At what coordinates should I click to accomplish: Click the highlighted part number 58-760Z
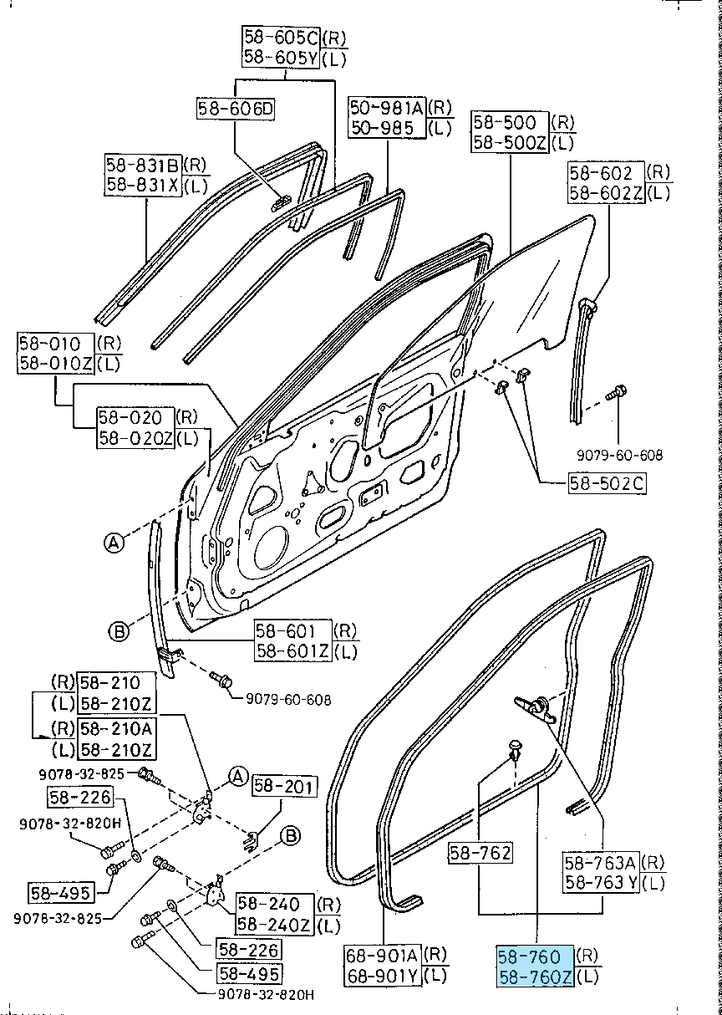[x=536, y=976]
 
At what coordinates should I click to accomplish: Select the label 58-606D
[x=236, y=109]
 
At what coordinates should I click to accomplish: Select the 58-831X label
[x=143, y=185]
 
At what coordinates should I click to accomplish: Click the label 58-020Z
[x=136, y=436]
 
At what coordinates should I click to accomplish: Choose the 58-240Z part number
[x=274, y=925]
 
